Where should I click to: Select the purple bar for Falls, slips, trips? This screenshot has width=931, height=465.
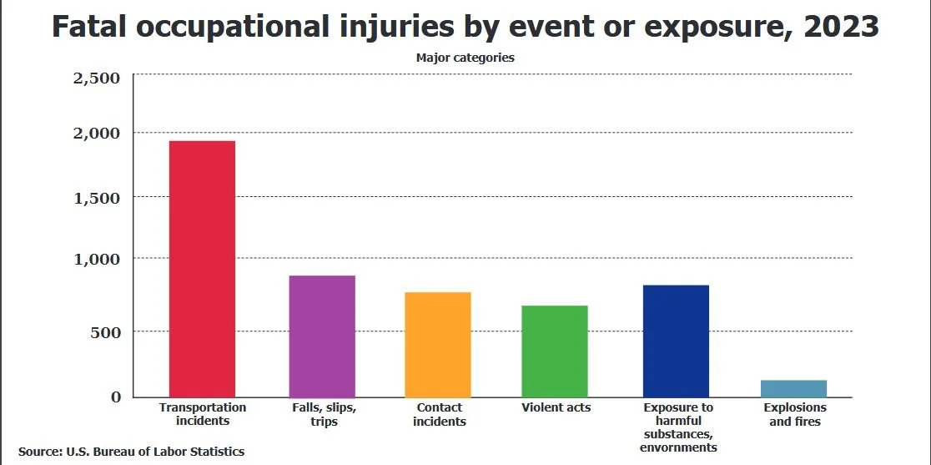(x=322, y=336)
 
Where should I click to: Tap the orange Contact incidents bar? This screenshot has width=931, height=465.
(x=438, y=345)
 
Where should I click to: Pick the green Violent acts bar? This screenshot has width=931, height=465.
(x=555, y=351)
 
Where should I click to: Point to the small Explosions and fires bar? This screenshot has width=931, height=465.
(x=794, y=389)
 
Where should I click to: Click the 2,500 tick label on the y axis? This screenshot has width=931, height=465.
(x=98, y=78)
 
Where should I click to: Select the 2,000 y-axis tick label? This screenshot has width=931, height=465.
(x=98, y=134)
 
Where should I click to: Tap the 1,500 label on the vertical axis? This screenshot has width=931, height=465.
(x=98, y=198)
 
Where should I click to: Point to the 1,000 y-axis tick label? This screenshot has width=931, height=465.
(x=98, y=260)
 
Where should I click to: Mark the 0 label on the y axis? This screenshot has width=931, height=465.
(x=116, y=397)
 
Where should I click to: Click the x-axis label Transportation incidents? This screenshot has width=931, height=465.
(x=203, y=414)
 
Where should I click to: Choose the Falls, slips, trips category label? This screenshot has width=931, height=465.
(x=323, y=414)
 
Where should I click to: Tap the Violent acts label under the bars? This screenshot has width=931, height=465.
(x=556, y=407)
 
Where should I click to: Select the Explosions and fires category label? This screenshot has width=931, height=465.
(x=795, y=414)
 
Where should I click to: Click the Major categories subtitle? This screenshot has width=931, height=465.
(x=465, y=58)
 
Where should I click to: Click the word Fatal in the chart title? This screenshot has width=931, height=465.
(x=90, y=27)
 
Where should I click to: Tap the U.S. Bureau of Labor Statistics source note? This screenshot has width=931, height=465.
(x=131, y=451)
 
